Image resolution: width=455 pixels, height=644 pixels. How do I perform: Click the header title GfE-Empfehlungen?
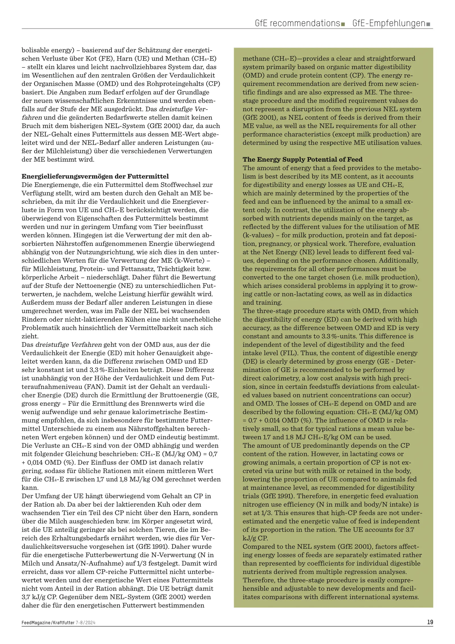click(x=388, y=23)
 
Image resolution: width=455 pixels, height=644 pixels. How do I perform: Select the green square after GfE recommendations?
click(x=343, y=24)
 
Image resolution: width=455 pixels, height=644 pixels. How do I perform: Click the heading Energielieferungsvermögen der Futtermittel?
click(x=95, y=176)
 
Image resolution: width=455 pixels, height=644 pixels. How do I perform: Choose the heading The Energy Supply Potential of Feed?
click(x=302, y=159)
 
